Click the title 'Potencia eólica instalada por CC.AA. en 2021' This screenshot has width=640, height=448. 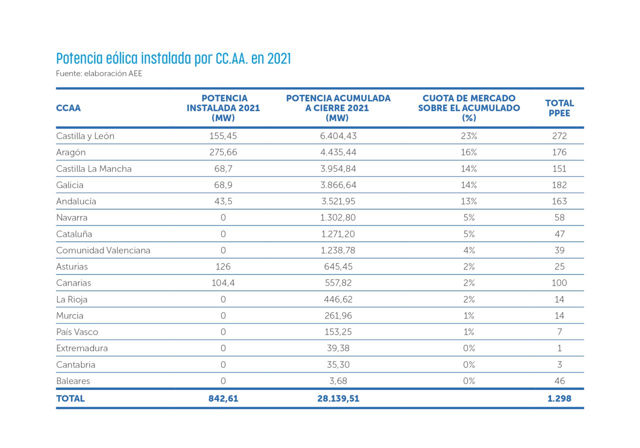tap(173, 58)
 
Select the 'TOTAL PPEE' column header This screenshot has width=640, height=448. tap(559, 108)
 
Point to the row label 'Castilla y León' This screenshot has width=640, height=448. tap(85, 136)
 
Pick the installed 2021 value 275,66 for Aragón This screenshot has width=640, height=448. tap(223, 152)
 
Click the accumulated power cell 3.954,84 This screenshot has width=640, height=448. tap(338, 168)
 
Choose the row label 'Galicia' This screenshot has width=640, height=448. tap(69, 185)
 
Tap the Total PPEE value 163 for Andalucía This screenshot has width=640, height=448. tap(559, 201)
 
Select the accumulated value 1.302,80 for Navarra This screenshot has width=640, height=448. tap(338, 217)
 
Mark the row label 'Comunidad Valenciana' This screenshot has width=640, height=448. tap(103, 250)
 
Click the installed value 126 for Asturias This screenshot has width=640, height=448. tap(223, 266)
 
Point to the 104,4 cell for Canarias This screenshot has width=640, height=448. tap(223, 283)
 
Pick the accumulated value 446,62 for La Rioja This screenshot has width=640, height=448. tap(338, 299)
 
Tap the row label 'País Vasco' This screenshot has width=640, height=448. tap(77, 332)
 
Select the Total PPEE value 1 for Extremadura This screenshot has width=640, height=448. tap(559, 348)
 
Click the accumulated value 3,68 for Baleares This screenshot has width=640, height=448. tap(338, 381)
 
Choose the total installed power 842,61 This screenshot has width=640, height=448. tap(223, 399)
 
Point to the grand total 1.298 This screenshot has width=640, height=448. tap(559, 399)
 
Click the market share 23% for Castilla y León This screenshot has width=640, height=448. tap(468, 136)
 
